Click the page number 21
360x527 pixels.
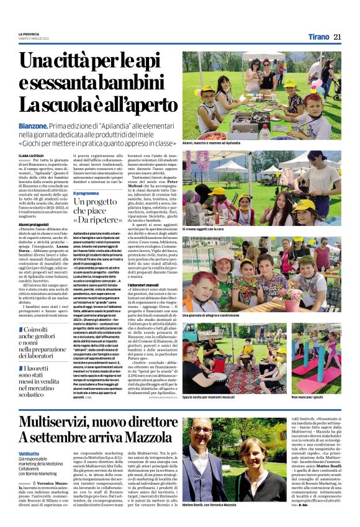337,37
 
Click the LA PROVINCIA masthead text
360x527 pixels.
29,34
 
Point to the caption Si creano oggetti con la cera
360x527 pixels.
204,230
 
